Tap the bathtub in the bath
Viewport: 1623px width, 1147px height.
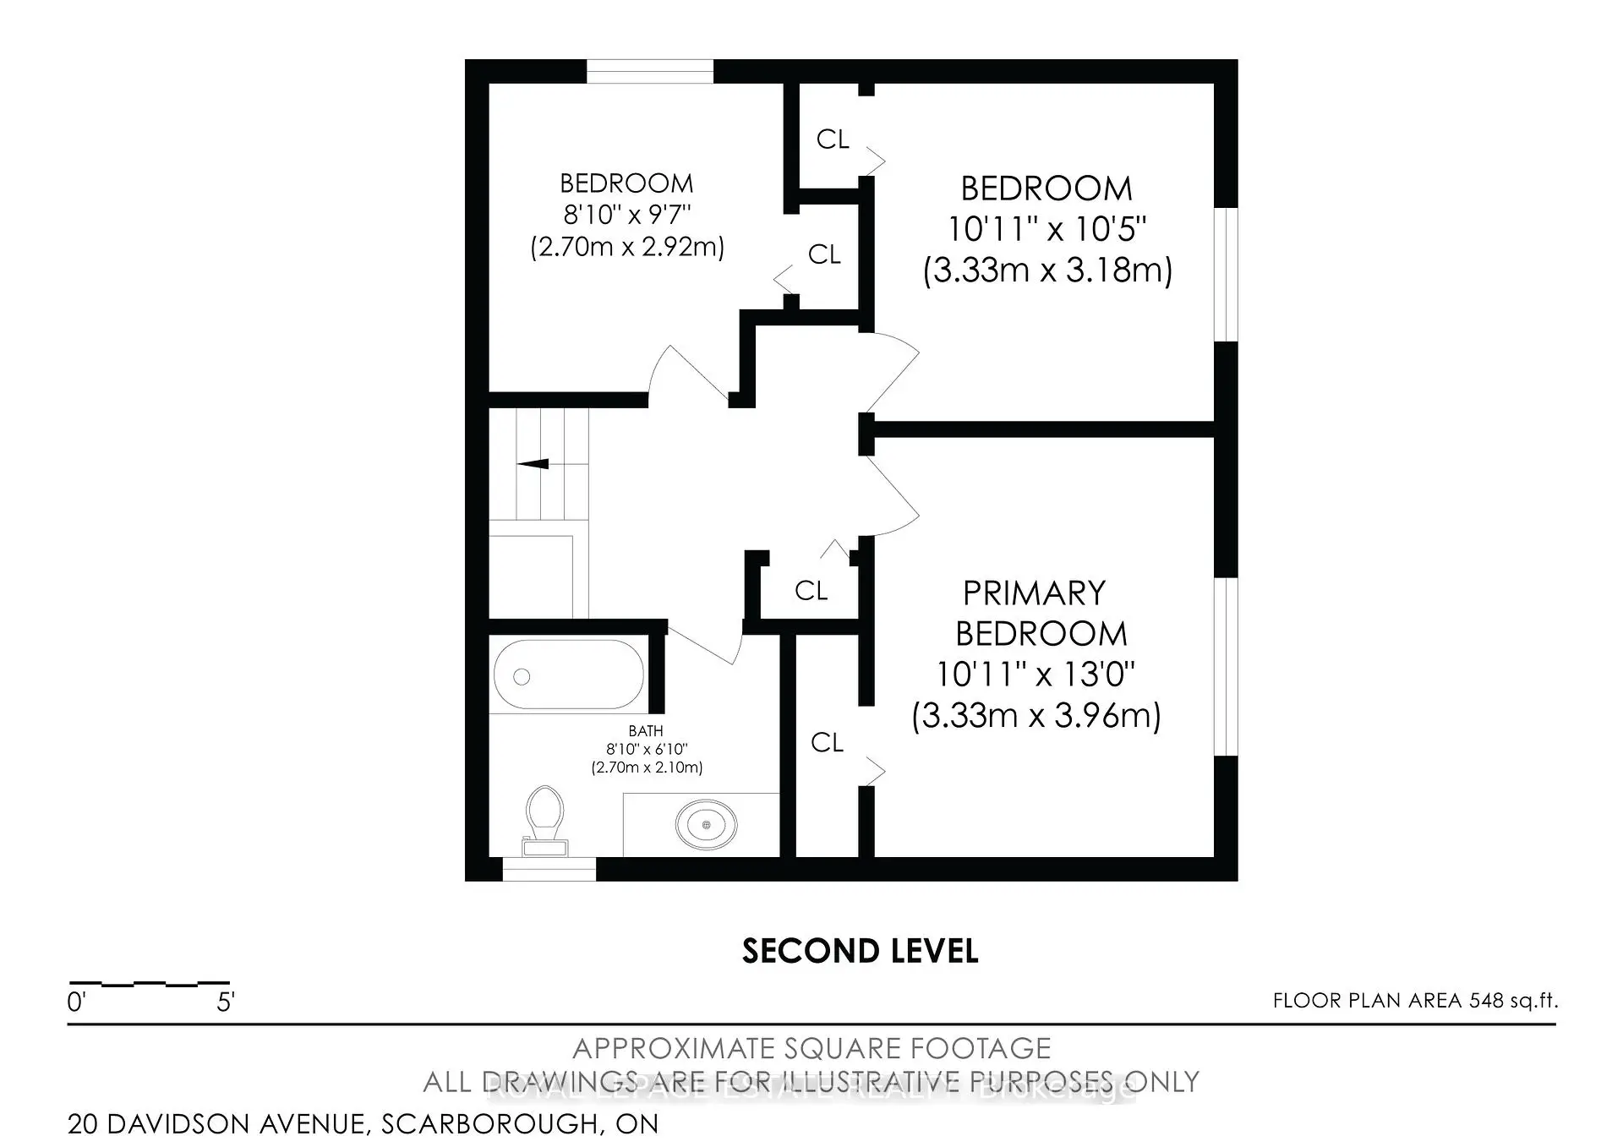[568, 674]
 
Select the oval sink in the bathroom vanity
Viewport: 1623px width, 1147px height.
[706, 823]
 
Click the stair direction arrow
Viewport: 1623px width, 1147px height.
[533, 463]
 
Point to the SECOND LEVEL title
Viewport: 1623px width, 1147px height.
[860, 952]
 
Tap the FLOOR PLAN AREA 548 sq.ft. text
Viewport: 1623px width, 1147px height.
[1415, 1001]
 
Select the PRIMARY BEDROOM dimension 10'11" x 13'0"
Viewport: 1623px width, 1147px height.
[1036, 675]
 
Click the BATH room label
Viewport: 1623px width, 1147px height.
[646, 730]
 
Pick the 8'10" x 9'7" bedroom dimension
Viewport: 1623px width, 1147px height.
[627, 215]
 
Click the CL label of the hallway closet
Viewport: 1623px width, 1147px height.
[811, 591]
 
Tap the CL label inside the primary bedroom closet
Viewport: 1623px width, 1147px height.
[827, 743]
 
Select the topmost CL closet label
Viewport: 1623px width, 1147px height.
[832, 139]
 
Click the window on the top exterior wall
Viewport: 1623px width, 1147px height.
[650, 71]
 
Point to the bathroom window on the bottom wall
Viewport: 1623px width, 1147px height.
[549, 869]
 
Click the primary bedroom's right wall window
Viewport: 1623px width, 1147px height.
[1226, 666]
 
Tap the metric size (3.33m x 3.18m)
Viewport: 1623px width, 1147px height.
[1047, 270]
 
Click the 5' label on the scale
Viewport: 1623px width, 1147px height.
[225, 1002]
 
